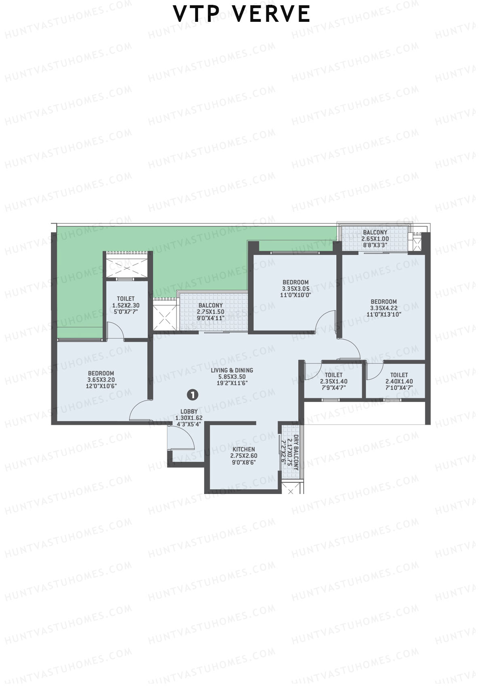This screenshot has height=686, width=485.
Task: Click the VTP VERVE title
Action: (x=242, y=14)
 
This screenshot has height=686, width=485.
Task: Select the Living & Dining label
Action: (x=232, y=370)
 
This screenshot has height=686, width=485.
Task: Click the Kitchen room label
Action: (x=244, y=449)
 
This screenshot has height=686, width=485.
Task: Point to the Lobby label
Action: (x=189, y=412)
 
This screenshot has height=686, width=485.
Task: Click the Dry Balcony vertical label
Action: (x=295, y=452)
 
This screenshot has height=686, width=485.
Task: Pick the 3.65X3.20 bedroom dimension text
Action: (x=101, y=380)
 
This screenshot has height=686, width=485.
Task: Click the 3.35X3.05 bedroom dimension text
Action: (x=295, y=289)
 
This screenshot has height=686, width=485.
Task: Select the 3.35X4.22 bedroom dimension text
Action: (x=384, y=308)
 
